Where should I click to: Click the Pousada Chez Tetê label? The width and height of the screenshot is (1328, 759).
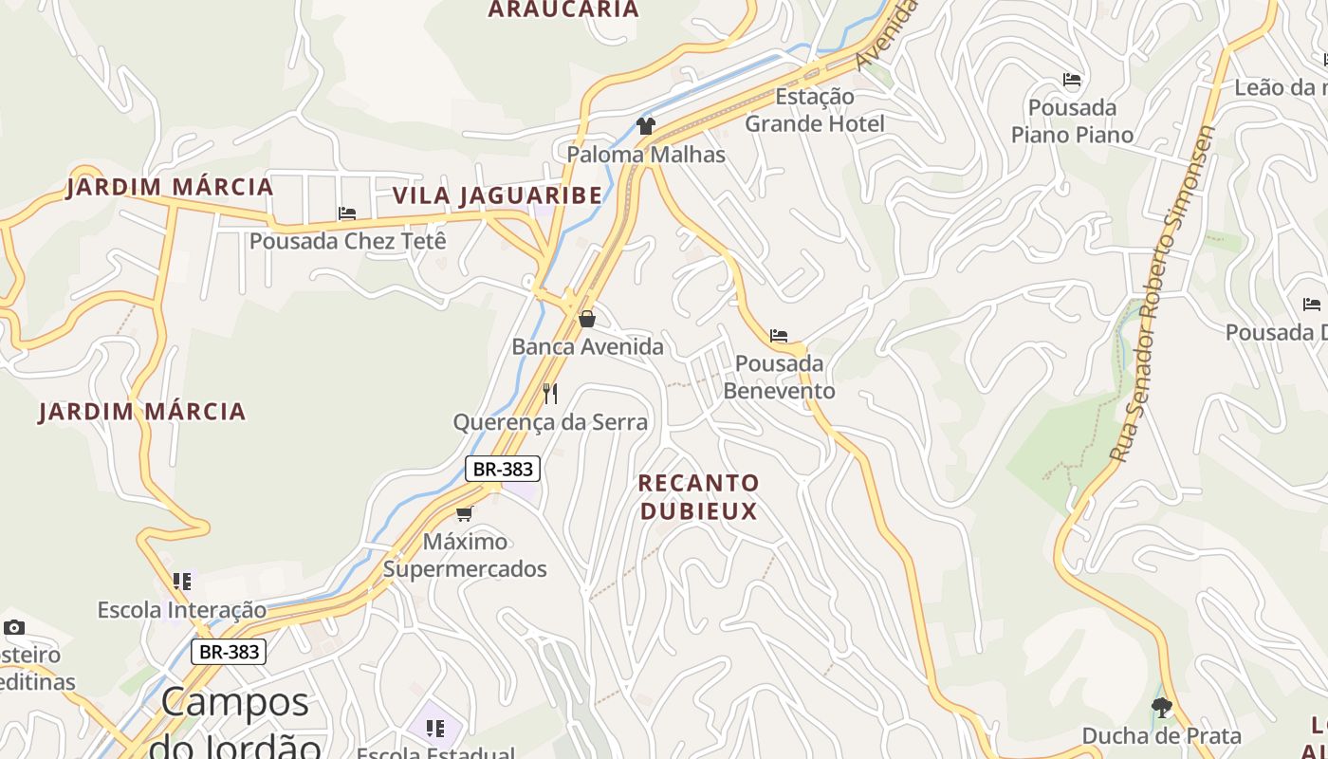pos(347,241)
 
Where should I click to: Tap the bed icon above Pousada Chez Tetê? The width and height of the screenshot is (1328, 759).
pos(347,213)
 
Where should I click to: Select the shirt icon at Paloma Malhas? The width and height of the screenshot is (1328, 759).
pos(646,126)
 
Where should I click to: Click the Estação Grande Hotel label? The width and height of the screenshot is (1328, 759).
pos(815,110)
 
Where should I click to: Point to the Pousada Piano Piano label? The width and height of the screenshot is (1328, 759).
pos(1072,121)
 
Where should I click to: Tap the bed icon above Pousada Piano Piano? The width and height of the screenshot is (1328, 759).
pos(1072,79)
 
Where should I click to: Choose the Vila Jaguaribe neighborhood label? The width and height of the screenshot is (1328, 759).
pos(497,195)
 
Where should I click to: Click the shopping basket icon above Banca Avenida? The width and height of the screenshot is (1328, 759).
pos(587,319)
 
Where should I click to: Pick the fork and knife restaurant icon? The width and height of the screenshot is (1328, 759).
pos(550,393)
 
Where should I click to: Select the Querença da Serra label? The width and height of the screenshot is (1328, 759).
pos(550,422)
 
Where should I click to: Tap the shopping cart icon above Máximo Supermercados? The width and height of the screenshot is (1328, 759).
pos(464,513)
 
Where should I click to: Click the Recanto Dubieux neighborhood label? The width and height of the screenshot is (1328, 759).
pos(699,497)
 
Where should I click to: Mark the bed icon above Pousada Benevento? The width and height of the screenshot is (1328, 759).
pos(779,336)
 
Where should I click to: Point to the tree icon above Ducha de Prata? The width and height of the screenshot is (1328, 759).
pos(1161,707)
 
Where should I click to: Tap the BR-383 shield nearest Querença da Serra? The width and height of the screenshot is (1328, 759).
pos(503,469)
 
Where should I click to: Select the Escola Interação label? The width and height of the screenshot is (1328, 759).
pos(182,610)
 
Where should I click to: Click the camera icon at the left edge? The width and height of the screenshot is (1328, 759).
pos(14,627)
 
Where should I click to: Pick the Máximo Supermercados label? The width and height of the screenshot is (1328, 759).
pos(465,555)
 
